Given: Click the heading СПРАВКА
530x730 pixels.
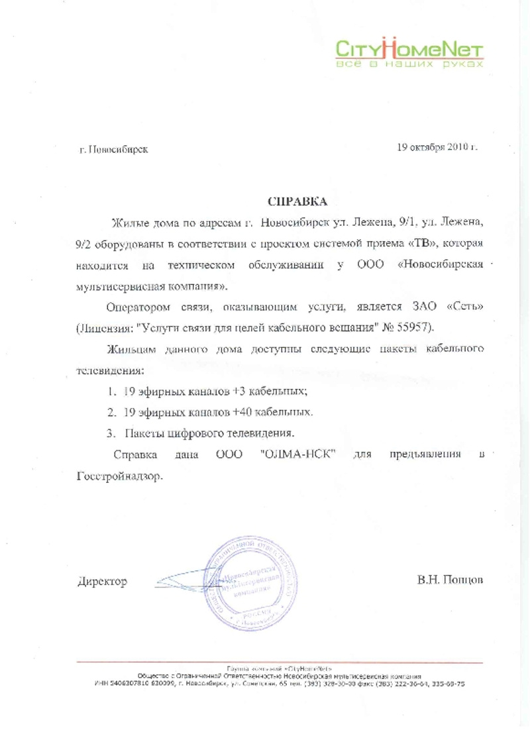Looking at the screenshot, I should click(297, 200).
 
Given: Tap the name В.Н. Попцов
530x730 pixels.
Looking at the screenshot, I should click(450, 580).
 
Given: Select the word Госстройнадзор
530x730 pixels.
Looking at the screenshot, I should click(115, 476).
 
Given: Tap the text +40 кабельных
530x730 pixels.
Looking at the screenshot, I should click(272, 412).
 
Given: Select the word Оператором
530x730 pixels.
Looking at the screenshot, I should click(135, 308).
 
